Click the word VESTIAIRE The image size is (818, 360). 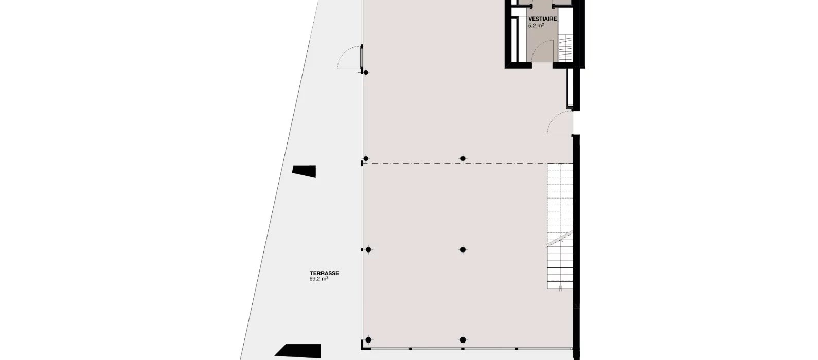pyautogui.click(x=542, y=19)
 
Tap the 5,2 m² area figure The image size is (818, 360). pyautogui.click(x=536, y=26)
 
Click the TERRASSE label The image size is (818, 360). pyautogui.click(x=324, y=273)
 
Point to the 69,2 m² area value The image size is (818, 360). pyautogui.click(x=318, y=279)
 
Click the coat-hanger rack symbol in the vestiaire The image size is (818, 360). pyautogui.click(x=564, y=47)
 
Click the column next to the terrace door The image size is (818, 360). pyautogui.click(x=366, y=73)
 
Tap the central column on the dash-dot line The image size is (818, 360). pyautogui.click(x=463, y=158)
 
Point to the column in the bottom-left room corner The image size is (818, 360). pyautogui.click(x=368, y=340)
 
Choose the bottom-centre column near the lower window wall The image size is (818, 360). pyautogui.click(x=463, y=340)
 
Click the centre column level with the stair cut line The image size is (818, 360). pyautogui.click(x=463, y=250)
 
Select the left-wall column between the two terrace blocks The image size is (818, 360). pyautogui.click(x=368, y=250)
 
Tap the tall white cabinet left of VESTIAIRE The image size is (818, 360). pyautogui.click(x=515, y=40)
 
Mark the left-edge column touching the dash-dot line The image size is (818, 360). pyautogui.click(x=366, y=158)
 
